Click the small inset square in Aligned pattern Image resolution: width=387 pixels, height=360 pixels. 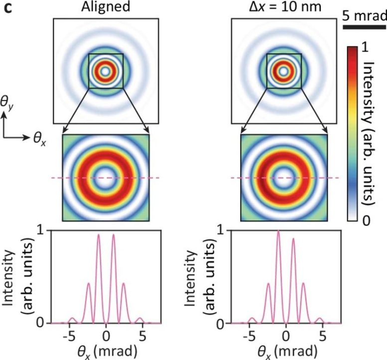click(x=106, y=71)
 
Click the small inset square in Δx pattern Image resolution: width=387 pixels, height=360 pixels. click(x=284, y=71)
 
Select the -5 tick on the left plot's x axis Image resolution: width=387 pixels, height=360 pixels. click(x=70, y=333)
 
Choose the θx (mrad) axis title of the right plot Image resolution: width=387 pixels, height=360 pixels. click(x=285, y=350)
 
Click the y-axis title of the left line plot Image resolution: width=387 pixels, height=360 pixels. click(x=22, y=276)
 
